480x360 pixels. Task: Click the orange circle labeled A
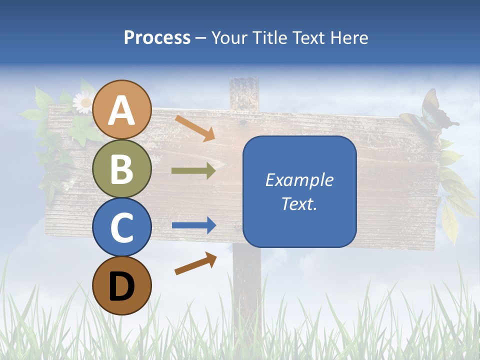122,109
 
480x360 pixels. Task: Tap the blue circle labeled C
122,227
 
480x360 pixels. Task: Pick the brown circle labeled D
122,285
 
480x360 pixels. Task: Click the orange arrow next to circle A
195,128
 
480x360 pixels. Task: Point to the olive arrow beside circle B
193,171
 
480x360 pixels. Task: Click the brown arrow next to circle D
195,263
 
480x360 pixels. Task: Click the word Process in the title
157,37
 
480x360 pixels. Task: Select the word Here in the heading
349,37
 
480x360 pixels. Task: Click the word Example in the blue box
299,180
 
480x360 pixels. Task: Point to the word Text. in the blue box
299,204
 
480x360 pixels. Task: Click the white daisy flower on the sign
82,103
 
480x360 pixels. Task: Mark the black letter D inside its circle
122,286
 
